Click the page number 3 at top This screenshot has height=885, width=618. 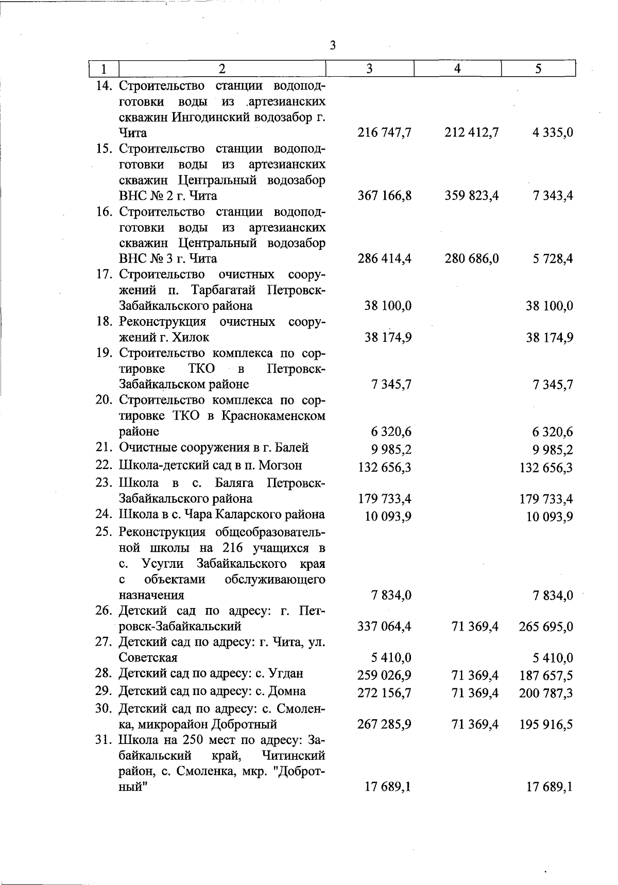click(x=333, y=45)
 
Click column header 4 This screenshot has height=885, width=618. click(x=457, y=68)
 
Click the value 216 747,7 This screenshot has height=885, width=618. click(x=384, y=133)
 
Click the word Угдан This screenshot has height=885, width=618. click(x=287, y=673)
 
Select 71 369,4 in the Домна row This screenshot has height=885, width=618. click(x=474, y=693)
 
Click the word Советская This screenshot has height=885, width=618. click(x=148, y=658)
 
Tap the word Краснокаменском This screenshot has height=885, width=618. click(x=273, y=416)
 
